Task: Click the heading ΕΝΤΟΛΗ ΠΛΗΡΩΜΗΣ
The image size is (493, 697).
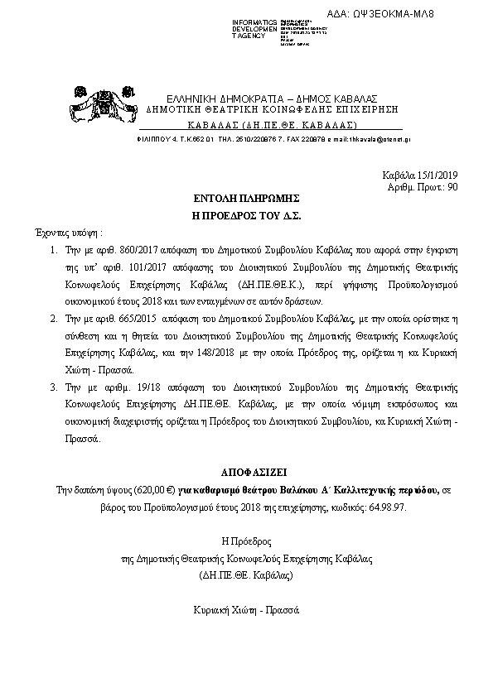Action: pyautogui.click(x=245, y=200)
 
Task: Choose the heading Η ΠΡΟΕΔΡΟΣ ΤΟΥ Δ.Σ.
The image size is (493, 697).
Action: pyautogui.click(x=245, y=215)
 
